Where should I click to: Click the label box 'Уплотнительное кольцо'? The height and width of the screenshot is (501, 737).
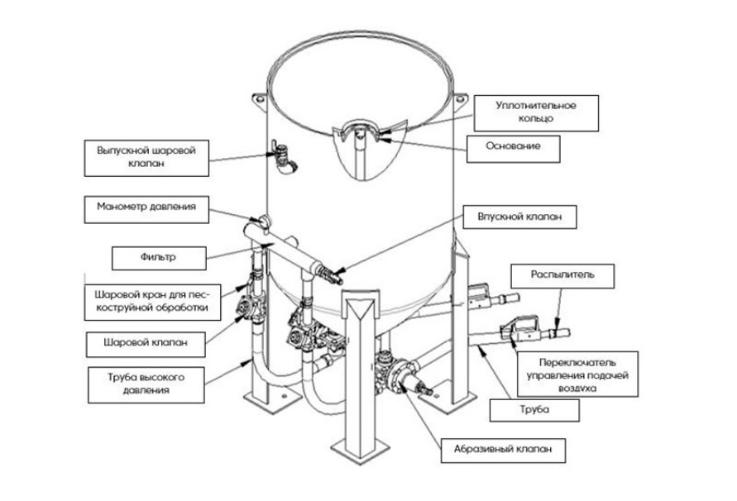(536, 112)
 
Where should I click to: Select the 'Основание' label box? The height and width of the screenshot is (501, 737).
(514, 149)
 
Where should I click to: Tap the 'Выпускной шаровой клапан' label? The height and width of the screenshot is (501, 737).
(146, 158)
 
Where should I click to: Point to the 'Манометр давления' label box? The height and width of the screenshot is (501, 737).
(146, 210)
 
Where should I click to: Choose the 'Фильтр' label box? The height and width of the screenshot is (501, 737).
(159, 258)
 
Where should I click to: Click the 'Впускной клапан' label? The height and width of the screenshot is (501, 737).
(519, 217)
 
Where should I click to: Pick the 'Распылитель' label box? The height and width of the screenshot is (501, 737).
(562, 276)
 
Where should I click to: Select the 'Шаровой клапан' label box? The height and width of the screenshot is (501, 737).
(146, 345)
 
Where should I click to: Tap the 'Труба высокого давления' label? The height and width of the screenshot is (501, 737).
(146, 385)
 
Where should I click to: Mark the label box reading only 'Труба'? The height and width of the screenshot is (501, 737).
(534, 410)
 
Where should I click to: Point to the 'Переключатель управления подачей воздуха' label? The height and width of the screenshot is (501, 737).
(577, 375)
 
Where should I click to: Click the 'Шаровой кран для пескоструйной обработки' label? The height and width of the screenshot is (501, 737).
(152, 303)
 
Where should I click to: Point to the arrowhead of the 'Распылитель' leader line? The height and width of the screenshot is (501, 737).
(556, 324)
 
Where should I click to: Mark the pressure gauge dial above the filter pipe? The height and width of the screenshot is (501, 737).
(265, 220)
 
